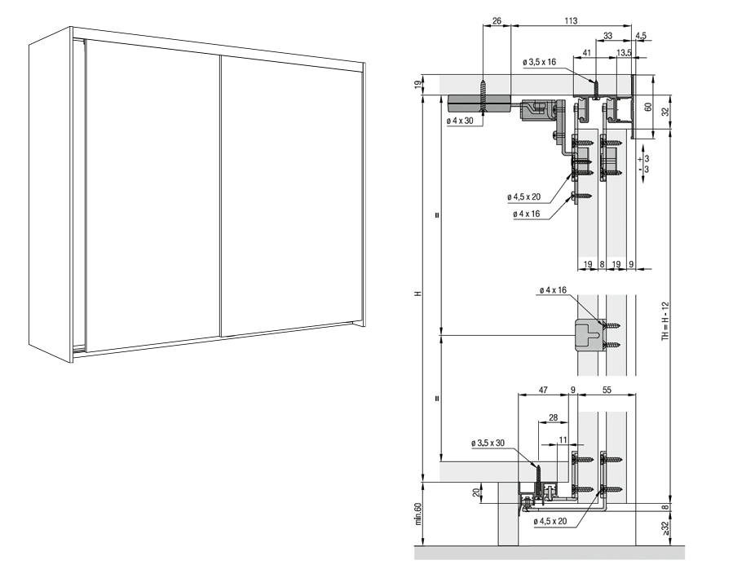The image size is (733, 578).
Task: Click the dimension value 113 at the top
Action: click(571, 19)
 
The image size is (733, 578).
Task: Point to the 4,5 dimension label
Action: click(641, 36)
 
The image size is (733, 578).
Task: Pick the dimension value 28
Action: click(553, 417)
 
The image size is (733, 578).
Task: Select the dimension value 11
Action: click(563, 439)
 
